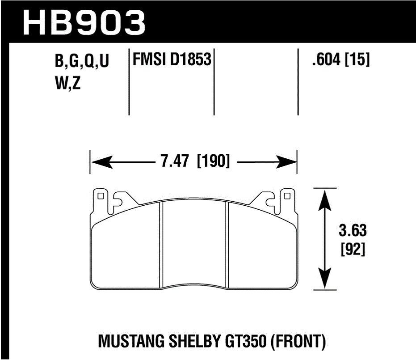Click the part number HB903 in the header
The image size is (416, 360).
[x=84, y=21]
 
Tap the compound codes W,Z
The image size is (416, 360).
[x=67, y=84]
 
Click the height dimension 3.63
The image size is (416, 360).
[x=353, y=231]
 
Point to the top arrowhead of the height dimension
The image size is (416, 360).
[x=325, y=196]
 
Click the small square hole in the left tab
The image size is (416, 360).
[x=100, y=195]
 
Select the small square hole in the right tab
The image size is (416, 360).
[x=287, y=195]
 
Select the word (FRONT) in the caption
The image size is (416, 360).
[x=297, y=342]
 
